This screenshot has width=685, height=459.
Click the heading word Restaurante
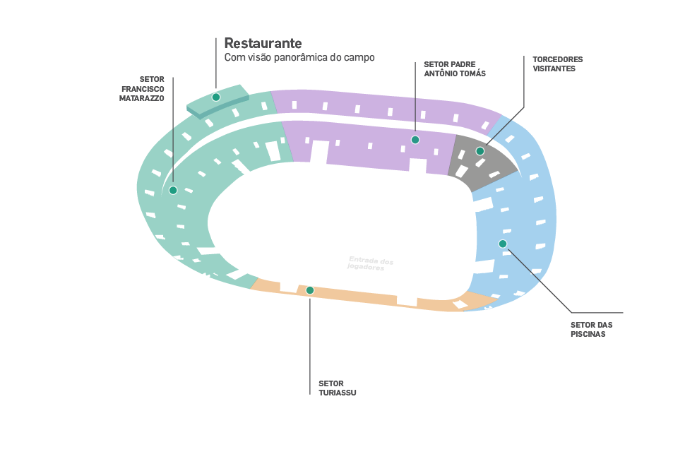[x=263, y=43]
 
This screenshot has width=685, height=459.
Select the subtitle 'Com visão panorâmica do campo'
[x=299, y=57]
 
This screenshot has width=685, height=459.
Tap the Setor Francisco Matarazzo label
[x=143, y=89]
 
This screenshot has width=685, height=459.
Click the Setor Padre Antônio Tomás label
[x=454, y=68]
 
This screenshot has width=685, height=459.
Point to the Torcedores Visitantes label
[x=557, y=64]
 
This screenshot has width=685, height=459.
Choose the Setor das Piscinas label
[x=591, y=329]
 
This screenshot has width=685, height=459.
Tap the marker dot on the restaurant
[x=216, y=97]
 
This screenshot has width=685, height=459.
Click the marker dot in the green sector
[x=173, y=190]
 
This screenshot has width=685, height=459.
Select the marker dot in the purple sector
[x=415, y=140]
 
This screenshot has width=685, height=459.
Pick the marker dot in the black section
[x=480, y=151]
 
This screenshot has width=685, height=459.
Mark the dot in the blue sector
[x=503, y=244]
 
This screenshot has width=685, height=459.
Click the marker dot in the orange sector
[x=310, y=290]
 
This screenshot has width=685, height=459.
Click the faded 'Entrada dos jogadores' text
[x=371, y=263]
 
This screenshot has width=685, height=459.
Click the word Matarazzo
[x=142, y=99]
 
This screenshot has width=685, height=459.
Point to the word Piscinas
[x=588, y=334]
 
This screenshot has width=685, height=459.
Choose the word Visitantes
[x=554, y=69]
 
